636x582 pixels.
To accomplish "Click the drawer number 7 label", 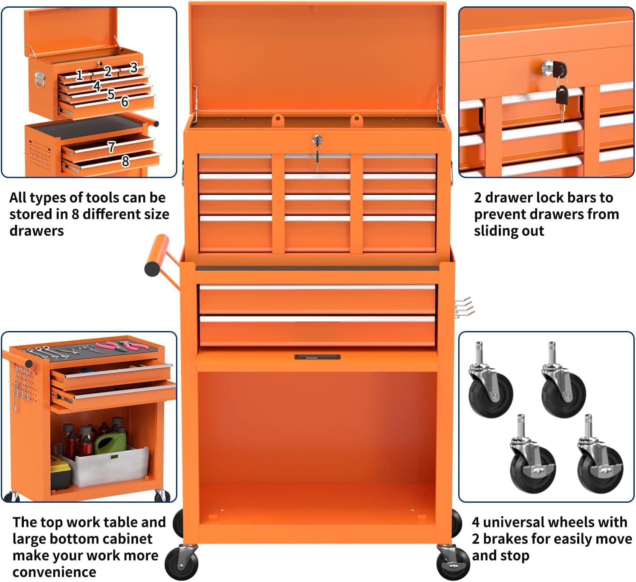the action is coord(111,147).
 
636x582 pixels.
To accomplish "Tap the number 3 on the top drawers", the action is coord(134,67).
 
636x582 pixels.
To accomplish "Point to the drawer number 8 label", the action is coord(125,161).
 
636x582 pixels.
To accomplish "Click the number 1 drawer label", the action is coord(79,75).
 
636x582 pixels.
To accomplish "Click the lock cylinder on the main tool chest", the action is coord(317,140).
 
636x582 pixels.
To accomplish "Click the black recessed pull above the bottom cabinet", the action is coord(317,357).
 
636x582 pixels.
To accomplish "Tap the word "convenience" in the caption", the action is coord(54,572).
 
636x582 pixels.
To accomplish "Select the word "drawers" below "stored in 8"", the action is coord(37,231).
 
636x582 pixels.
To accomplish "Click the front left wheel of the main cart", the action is coord(181,562).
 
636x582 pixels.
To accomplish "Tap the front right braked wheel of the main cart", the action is coord(453,562).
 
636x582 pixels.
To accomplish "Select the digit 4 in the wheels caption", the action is coord(476,522).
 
